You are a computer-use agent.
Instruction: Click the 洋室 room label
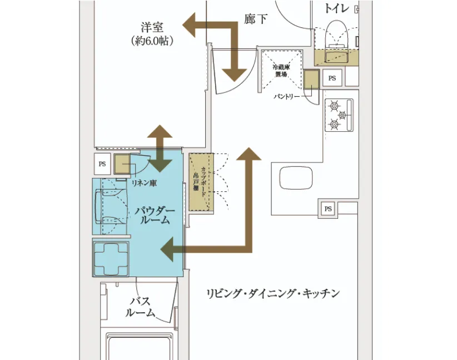pyautogui.click(x=152, y=26)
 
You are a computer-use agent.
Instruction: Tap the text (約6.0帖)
pyautogui.click(x=152, y=41)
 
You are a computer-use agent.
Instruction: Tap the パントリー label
pyautogui.click(x=287, y=96)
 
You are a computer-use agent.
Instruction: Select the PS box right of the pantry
pyautogui.click(x=332, y=78)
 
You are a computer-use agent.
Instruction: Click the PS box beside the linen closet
pyautogui.click(x=102, y=164)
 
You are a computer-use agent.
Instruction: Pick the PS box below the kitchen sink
pyautogui.click(x=328, y=209)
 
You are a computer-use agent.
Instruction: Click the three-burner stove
pyautogui.click(x=339, y=115)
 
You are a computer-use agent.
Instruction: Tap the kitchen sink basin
pyautogui.click(x=292, y=179)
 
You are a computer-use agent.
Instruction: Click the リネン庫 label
pyautogui.click(x=143, y=182)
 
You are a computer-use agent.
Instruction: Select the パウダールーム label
pyautogui.click(x=155, y=215)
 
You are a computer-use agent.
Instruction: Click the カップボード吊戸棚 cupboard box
pyautogui.click(x=201, y=182)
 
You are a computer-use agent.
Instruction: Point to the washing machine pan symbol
pyautogui.click(x=111, y=258)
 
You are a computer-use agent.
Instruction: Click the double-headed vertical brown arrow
pyautogui.click(x=161, y=148)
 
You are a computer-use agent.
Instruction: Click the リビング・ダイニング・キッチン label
pyautogui.click(x=272, y=294)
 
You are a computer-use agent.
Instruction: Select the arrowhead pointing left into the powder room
pyautogui.click(x=170, y=249)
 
